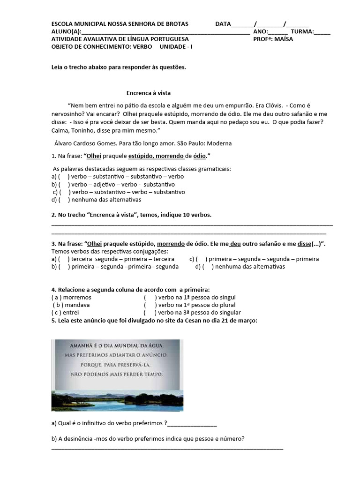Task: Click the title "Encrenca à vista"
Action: coord(145,93)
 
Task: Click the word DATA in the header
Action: coord(223,24)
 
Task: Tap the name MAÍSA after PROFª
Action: coord(284,39)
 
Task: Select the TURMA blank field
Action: coord(322,32)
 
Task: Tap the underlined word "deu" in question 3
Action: coord(235,244)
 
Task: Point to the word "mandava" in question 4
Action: coord(77,305)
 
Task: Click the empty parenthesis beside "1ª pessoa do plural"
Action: coord(150,305)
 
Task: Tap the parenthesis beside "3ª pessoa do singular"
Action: coord(150,312)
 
